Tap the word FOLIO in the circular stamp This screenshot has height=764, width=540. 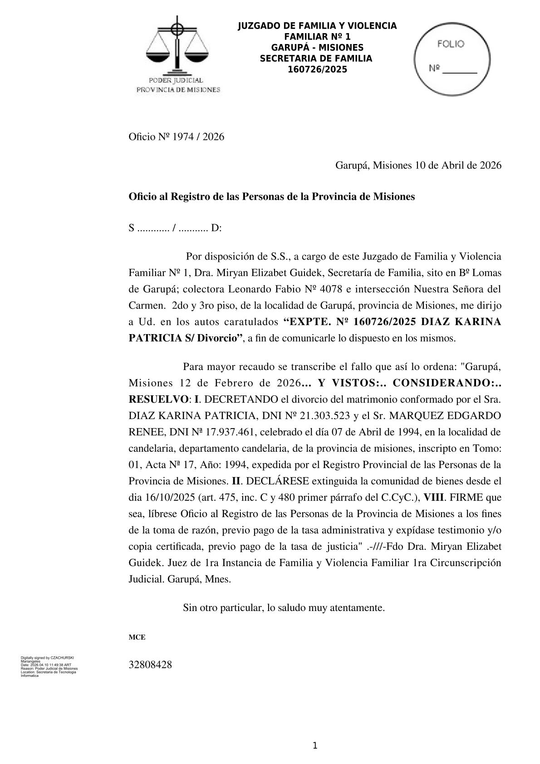tap(451, 44)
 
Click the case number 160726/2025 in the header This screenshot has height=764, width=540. tap(317, 69)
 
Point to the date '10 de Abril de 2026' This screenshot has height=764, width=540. tap(458, 165)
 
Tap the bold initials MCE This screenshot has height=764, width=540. tap(137, 637)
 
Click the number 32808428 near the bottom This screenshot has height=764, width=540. tap(150, 665)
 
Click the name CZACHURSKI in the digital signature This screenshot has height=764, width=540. tap(64, 657)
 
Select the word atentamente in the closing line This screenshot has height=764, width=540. tap(359, 607)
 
